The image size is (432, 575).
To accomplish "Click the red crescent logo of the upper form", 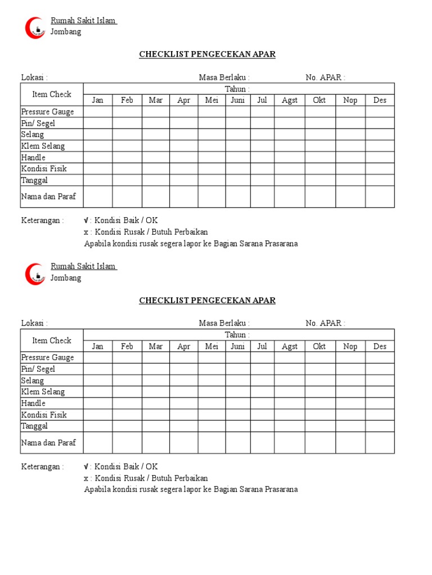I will coord(34,28).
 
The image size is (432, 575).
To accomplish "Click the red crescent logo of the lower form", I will coord(34,273).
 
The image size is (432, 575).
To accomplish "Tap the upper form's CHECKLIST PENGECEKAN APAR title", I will coord(208,54).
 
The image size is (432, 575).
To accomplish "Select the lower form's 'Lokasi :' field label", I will coord(34,323).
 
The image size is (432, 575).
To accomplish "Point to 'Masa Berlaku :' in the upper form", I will coord(224,77).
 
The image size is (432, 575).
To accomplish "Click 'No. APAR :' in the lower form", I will coord(325,323).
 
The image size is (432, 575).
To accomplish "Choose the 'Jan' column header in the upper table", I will coord(98,101).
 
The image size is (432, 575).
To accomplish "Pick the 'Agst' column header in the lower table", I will coord(290,346).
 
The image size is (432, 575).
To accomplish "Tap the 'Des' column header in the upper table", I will coord(380,101).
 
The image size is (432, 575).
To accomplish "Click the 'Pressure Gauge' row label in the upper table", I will coord(47,112).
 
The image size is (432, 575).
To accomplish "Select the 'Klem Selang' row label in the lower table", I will coord(43,392).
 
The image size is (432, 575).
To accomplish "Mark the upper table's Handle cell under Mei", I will coord(211,157).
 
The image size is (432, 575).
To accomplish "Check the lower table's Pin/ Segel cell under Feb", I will coord(127,369).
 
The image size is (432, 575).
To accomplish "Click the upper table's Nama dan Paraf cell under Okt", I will coord(319,197).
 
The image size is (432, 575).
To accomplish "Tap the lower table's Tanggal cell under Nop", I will coord(350,426).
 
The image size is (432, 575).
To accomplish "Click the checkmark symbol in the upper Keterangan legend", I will coord(86,220).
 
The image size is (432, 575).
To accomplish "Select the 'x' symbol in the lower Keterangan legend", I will coord(86,478).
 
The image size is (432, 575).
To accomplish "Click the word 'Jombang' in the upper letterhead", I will coord(66,32).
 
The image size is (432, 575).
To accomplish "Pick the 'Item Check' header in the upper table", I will coord(52,94).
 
